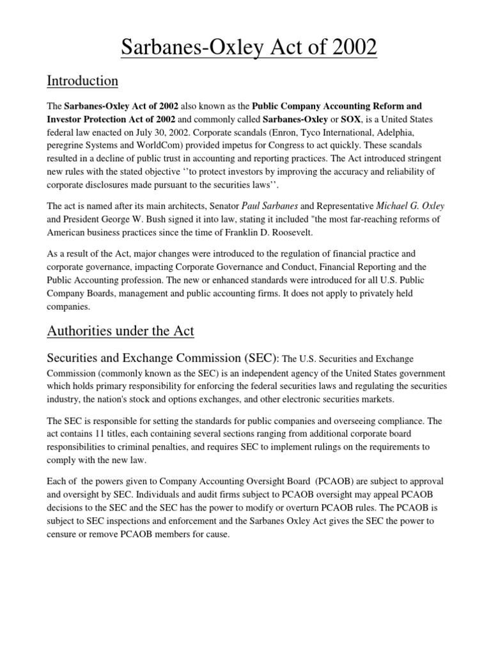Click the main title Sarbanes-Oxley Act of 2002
(x=245, y=48)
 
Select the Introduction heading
(x=83, y=81)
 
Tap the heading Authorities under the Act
(x=121, y=331)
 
